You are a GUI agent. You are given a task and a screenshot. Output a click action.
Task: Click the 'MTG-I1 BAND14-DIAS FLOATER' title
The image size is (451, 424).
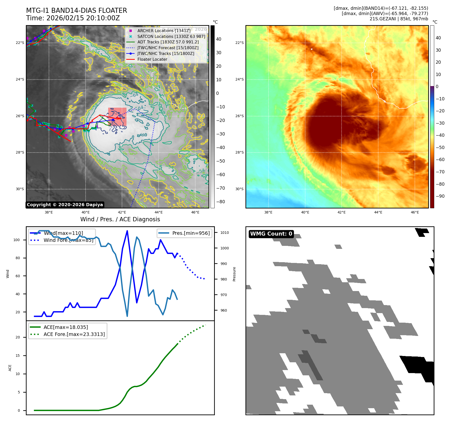(x=77, y=11)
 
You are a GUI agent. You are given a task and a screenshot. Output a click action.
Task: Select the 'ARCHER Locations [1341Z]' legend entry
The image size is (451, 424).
(x=164, y=31)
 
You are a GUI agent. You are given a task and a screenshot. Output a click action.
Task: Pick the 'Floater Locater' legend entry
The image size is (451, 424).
(x=152, y=59)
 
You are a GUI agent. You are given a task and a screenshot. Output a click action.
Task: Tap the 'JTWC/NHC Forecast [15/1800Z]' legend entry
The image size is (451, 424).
(x=168, y=48)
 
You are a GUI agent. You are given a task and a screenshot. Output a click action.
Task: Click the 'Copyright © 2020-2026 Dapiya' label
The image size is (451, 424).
(x=65, y=205)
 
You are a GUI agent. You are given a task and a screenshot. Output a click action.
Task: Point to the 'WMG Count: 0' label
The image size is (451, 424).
(x=271, y=234)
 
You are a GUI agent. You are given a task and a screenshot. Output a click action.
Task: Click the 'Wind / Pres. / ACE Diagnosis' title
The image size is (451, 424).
(x=120, y=219)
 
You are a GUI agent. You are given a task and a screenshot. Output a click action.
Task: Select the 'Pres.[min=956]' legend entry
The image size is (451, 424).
(x=191, y=233)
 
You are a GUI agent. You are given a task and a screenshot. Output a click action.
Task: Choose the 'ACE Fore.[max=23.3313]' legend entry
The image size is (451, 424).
(x=74, y=334)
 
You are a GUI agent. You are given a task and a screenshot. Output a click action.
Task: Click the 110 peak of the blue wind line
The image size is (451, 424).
(x=127, y=231)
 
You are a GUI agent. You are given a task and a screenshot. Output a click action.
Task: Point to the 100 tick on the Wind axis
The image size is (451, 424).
(x=17, y=240)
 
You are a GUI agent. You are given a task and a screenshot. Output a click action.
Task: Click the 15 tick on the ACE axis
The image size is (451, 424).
(x=18, y=356)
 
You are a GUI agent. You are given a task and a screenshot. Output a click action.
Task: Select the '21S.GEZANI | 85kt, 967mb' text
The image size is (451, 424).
(x=399, y=19)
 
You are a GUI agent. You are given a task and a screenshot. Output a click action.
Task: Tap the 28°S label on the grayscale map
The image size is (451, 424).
(x=20, y=153)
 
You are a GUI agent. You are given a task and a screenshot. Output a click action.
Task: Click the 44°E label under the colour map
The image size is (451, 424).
(x=378, y=212)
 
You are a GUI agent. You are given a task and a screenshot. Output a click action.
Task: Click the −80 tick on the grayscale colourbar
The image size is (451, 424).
(x=220, y=202)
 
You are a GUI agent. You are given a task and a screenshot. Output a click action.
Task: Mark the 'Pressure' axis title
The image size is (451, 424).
(x=234, y=274)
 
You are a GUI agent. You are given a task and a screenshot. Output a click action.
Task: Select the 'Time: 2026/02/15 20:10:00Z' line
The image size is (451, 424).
(x=73, y=18)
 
